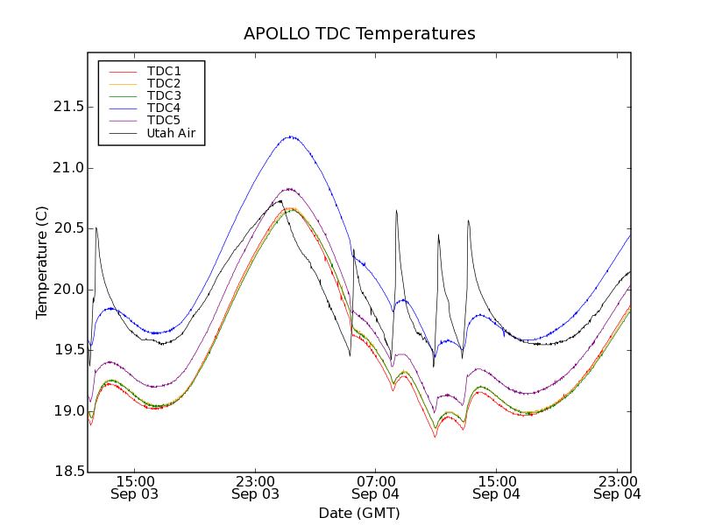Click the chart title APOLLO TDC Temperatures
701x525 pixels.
(359, 34)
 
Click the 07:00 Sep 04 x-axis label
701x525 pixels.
(376, 487)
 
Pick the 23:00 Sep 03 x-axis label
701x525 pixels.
(255, 487)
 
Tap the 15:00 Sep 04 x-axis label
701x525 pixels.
(497, 487)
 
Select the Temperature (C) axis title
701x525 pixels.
(42, 262)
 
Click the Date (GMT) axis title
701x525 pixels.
(359, 514)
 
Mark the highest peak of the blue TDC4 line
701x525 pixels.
(290, 136)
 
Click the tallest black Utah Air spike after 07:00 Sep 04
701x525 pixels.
(396, 210)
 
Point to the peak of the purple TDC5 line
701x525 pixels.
(288, 188)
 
